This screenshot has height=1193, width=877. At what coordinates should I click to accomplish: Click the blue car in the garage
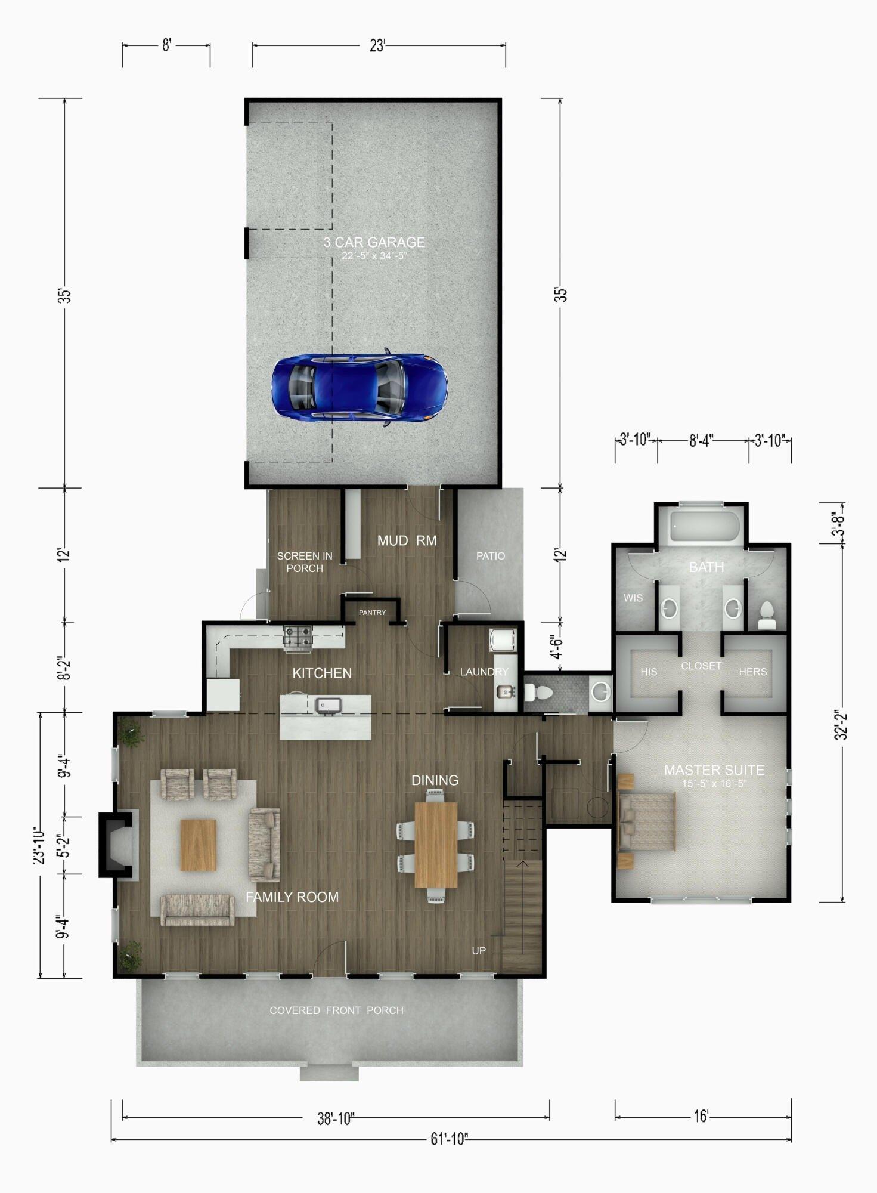pos(360,387)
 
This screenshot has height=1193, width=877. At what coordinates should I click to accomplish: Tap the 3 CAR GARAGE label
pos(374,242)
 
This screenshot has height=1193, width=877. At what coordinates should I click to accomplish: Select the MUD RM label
pos(407,540)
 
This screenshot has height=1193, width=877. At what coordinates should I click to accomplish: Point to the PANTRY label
pos(372,613)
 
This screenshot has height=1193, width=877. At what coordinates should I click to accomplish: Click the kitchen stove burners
pos(298,636)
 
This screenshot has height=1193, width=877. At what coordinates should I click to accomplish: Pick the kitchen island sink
pos(327,705)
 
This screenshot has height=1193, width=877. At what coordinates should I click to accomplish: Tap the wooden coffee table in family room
pos(198,845)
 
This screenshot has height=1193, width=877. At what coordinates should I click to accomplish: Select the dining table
pos(436,845)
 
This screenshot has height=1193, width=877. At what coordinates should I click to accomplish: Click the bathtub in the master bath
pos(705,527)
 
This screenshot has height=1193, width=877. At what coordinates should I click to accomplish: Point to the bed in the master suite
pos(647,821)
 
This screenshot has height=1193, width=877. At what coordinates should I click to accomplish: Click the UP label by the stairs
pos(479,951)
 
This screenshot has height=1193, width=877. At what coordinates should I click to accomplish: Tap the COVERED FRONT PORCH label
pos(336,1010)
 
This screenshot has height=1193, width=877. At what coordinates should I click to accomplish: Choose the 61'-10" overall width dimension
pos(449,1139)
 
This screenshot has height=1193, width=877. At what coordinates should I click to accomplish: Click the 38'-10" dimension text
pos(336,1119)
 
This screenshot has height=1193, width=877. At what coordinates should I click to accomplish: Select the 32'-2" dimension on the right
pos(841,725)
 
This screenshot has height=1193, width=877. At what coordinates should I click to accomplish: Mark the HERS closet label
pos(753,672)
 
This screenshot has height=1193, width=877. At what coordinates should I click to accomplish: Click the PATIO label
pos(491,556)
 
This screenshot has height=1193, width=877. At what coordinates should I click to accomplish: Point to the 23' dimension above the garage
pos(377,46)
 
